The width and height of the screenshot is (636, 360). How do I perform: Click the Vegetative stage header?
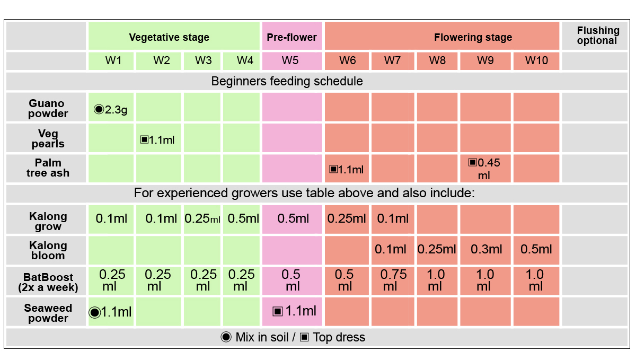pos(169,37)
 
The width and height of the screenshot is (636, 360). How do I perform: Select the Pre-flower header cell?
pos(291,37)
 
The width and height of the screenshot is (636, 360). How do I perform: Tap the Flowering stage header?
pos(473,37)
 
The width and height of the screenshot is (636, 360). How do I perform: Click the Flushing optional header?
pos(597,36)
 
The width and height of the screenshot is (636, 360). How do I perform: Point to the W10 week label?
pos(536,60)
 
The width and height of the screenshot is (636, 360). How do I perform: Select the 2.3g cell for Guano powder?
pos(111,110)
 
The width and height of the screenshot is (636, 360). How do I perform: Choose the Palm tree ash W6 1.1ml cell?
pos(347,170)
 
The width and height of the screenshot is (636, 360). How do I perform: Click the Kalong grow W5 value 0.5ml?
pos(293,218)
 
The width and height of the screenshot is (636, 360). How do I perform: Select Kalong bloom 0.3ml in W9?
pos(485,249)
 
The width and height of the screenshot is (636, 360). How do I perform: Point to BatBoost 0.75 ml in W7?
pos(393,280)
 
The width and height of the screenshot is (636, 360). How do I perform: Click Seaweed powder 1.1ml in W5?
pos(294,311)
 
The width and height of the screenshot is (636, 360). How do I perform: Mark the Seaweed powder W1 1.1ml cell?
pos(110,312)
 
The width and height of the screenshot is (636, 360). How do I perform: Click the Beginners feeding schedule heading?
pos(287,81)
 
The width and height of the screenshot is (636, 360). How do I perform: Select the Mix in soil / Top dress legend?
pos(293,337)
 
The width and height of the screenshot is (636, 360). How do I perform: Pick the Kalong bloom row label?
pos(48,250)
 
